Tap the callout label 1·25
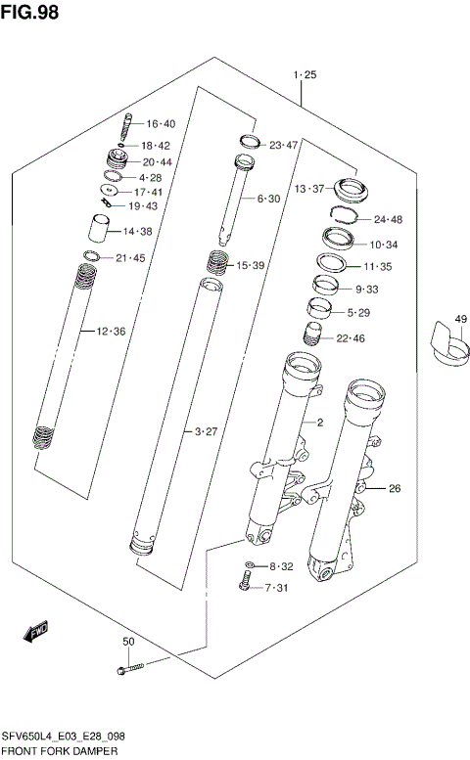tap(304, 74)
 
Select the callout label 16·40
tap(161, 124)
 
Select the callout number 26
tap(395, 489)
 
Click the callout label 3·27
tap(204, 430)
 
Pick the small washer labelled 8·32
tap(250, 566)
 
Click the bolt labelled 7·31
tap(244, 585)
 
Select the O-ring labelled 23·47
tap(249, 142)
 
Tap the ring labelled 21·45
tap(91, 257)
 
